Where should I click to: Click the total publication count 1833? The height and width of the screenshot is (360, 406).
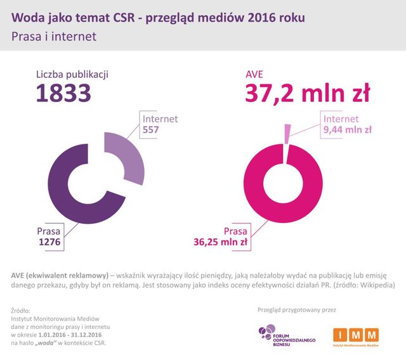pos(63,94)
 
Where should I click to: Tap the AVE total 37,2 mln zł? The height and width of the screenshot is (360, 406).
pos(307,94)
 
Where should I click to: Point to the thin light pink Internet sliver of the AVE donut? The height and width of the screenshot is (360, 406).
pos(288,134)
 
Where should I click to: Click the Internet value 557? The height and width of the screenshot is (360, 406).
pos(151,130)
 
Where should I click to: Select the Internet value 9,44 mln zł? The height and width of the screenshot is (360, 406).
pos(347,130)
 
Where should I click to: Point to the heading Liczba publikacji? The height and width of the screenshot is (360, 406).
pos(72,74)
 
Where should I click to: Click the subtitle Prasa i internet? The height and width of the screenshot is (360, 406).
pos(53,37)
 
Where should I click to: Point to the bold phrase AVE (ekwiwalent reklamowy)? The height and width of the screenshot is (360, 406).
pos(59,274)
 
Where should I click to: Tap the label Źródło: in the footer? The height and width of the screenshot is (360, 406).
pos(20,310)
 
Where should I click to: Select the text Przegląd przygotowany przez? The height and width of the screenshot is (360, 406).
pos(296,310)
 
